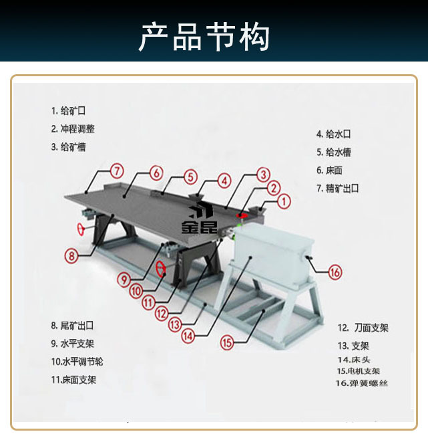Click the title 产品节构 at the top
tap(204, 37)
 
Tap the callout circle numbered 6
tap(156, 173)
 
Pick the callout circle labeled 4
tap(225, 181)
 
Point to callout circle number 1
tap(283, 200)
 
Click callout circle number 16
tap(335, 271)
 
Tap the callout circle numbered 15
tap(227, 342)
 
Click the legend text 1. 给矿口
tap(69, 110)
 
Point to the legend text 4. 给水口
tap(334, 134)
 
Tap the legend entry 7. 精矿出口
tap(338, 189)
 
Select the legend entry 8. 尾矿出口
tap(73, 326)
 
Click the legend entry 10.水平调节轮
tap(77, 362)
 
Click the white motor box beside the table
tap(274, 254)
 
